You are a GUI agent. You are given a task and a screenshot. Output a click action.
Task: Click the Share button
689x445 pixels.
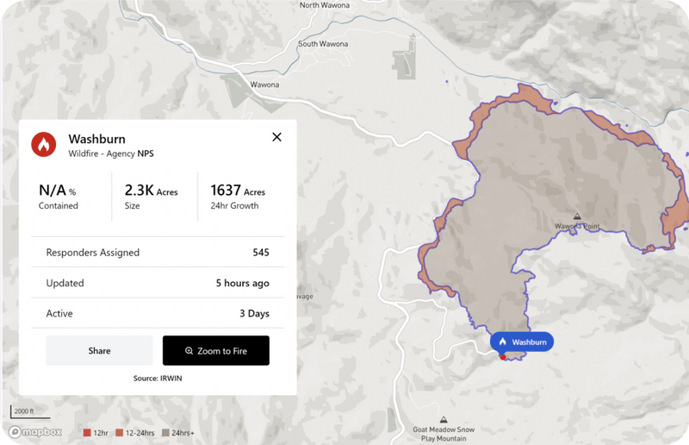pos(99,351)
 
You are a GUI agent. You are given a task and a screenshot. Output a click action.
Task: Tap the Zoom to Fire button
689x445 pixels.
pos(216,351)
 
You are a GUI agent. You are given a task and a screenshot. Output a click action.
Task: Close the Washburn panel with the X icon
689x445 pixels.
pos(276,137)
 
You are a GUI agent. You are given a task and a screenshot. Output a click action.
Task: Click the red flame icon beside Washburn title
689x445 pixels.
pos(43,144)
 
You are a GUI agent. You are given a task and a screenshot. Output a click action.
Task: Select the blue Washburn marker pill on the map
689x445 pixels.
pos(522,342)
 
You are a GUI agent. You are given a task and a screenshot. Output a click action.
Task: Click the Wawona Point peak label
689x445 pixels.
pos(576,226)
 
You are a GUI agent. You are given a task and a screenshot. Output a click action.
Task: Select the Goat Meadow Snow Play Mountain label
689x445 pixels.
pos(443,433)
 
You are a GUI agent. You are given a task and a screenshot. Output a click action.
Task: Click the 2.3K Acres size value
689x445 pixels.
pos(151,191)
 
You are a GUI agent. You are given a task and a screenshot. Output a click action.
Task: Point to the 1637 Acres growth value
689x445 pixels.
pos(237,191)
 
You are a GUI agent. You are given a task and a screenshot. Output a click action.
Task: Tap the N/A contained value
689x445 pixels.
pos(58,191)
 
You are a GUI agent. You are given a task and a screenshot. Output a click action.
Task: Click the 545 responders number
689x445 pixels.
pos(261,253)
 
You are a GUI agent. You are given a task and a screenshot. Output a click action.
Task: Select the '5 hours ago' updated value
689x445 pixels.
pos(242,283)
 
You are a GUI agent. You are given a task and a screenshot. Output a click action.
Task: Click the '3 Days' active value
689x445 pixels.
pos(254,313)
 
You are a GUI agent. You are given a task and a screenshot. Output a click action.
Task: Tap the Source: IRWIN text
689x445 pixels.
pos(157,378)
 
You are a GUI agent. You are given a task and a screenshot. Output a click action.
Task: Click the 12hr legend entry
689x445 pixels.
pos(94,432)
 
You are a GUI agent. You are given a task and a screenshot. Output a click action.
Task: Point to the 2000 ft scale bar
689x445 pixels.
pos(23,411)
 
